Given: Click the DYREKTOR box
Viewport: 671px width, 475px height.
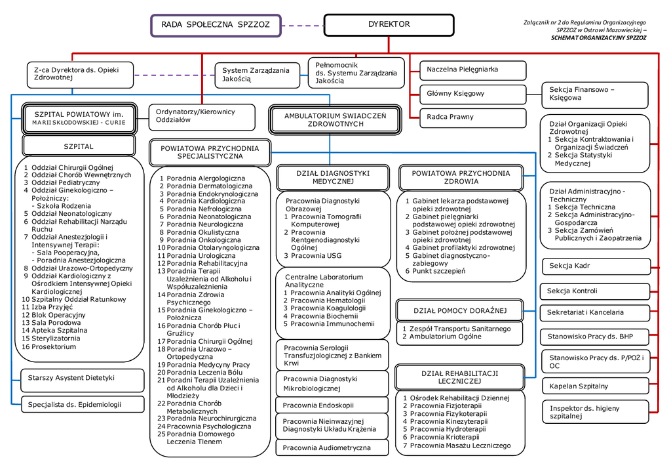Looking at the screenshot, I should [389, 25].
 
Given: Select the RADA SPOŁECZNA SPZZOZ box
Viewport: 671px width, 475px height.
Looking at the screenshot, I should [216, 25].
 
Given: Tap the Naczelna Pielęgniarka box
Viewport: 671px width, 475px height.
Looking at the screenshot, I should [472, 70].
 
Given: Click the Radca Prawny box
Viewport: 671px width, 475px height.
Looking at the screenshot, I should [472, 117].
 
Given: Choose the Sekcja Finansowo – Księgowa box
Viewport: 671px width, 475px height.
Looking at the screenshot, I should [594, 94].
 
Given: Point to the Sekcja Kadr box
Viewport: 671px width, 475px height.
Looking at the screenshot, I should [595, 266].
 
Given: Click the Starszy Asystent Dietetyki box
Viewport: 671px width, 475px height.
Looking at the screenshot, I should [82, 379].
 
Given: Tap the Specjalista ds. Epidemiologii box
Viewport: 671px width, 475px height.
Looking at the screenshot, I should [82, 405].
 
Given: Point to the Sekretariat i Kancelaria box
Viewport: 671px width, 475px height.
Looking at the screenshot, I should [595, 313].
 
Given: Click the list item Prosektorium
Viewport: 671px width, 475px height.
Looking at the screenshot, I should [54, 347].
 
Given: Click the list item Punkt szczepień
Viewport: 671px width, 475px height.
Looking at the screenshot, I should [438, 271].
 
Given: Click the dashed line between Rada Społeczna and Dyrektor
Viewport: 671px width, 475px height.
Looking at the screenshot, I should [303, 26].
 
